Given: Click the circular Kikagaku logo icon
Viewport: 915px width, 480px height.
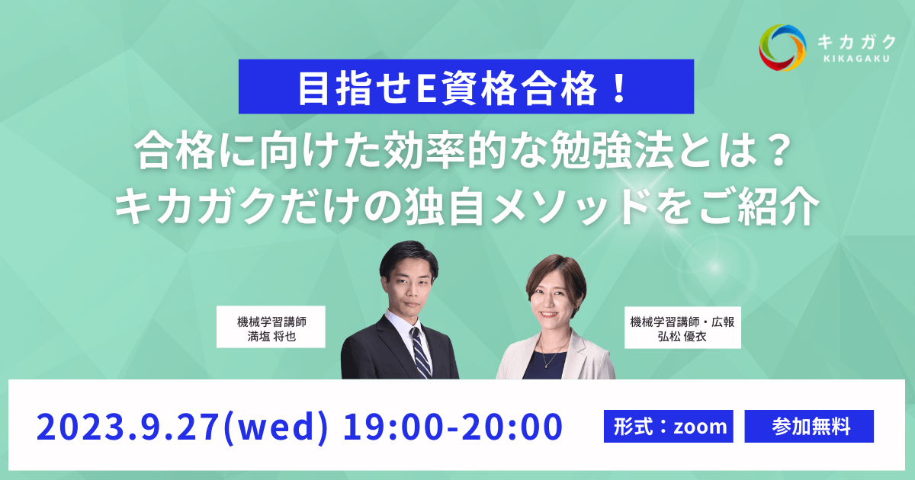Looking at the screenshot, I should click(782, 46).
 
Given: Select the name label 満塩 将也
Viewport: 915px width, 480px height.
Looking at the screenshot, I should click(271, 335).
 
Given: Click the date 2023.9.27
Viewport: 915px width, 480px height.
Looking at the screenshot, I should click(127, 427).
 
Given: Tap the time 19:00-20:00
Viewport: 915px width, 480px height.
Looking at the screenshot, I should click(451, 427).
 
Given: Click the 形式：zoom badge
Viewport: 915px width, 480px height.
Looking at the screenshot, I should click(667, 427).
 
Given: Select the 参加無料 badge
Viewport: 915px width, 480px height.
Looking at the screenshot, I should click(809, 427).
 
